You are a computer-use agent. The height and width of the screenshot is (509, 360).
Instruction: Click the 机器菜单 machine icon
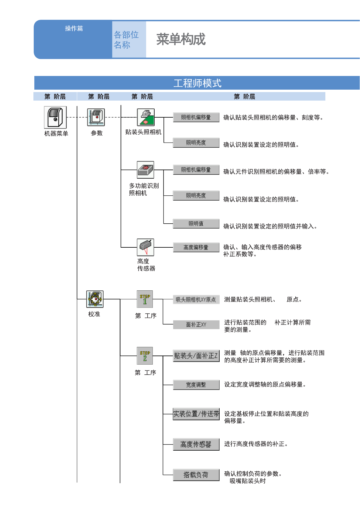[55, 117]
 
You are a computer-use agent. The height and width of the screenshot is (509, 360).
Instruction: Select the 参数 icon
[96, 117]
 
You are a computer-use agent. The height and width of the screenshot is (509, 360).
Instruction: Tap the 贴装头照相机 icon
[146, 117]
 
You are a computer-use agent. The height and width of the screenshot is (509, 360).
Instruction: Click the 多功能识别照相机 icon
[145, 170]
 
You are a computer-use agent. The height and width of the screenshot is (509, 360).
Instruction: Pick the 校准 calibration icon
[95, 299]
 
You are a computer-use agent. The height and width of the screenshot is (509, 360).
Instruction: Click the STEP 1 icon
[145, 299]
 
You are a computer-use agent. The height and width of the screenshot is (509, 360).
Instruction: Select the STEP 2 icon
[145, 356]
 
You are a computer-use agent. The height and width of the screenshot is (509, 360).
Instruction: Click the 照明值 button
[196, 224]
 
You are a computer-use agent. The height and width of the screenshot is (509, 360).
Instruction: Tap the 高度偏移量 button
[196, 247]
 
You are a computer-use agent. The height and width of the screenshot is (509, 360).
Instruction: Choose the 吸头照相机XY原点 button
[196, 300]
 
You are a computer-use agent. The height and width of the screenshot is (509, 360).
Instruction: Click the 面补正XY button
[196, 325]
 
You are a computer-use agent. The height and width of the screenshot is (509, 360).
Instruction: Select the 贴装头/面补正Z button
[196, 356]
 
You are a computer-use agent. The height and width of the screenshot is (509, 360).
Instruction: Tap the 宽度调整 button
[196, 385]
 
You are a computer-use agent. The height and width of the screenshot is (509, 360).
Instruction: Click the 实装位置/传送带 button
[196, 414]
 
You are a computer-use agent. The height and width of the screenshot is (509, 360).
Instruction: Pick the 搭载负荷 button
[196, 475]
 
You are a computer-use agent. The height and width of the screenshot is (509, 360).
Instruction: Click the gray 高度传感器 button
[196, 444]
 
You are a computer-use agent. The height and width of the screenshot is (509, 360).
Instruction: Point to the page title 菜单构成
[181, 39]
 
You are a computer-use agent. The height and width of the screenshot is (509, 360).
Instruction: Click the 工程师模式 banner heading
[197, 83]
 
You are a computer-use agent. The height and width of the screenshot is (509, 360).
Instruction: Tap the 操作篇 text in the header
[74, 28]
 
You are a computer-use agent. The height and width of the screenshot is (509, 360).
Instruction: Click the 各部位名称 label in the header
[126, 40]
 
